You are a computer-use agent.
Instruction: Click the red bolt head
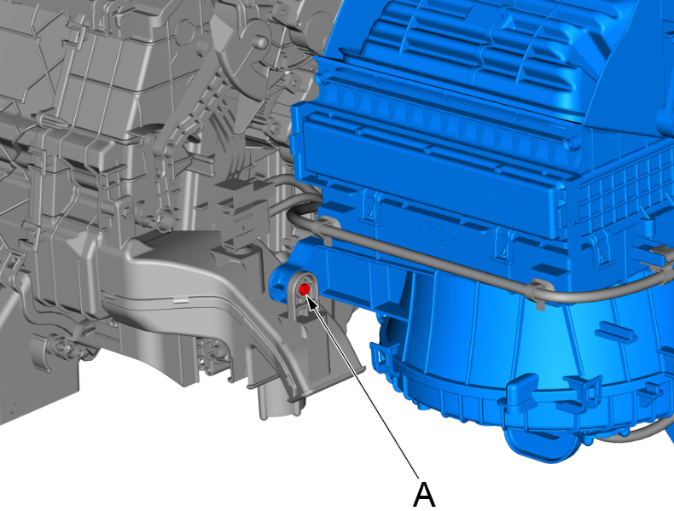pos(304,289)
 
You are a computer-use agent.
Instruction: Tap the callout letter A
pos(424,494)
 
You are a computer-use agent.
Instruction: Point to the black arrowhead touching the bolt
pos(312,301)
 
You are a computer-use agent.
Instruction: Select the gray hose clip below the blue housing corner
pos(538,293)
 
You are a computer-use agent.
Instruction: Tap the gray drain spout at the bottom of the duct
pos(275,404)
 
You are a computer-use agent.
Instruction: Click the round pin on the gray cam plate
pos(260,42)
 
